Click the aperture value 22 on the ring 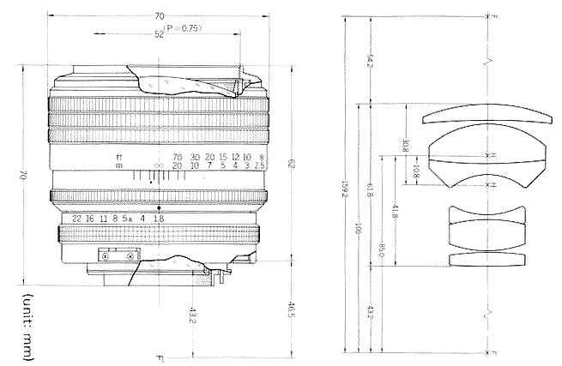(x=77, y=219)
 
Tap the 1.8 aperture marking (x=159, y=219)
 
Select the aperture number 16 (x=90, y=219)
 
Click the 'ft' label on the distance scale (x=119, y=157)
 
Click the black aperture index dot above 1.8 (x=159, y=208)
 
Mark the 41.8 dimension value (x=393, y=212)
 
